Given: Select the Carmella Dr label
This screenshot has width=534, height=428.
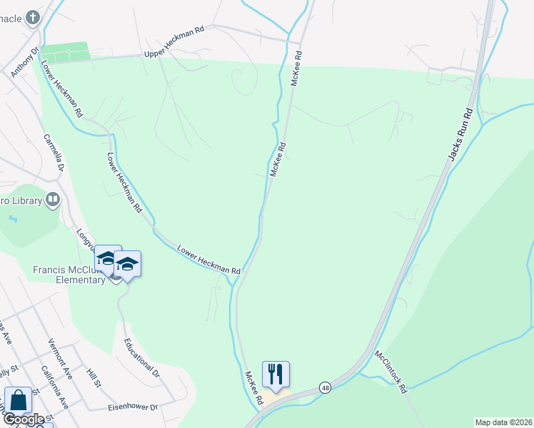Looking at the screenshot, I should (x=54, y=153).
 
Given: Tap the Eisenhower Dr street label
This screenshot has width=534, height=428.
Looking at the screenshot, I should (x=132, y=407).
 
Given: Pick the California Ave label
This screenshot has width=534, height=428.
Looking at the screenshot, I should (x=54, y=387).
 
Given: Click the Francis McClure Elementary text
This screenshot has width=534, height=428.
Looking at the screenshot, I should (x=69, y=275).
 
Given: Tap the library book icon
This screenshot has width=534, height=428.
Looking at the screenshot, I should (x=53, y=200).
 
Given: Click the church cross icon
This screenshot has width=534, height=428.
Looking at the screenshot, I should (x=33, y=16).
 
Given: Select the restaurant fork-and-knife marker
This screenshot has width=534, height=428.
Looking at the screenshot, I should (x=276, y=373).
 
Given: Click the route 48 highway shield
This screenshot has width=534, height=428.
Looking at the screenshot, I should (x=326, y=386).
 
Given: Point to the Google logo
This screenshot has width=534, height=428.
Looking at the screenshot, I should (x=24, y=419).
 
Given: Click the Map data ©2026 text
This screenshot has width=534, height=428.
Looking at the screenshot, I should (x=503, y=422).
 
